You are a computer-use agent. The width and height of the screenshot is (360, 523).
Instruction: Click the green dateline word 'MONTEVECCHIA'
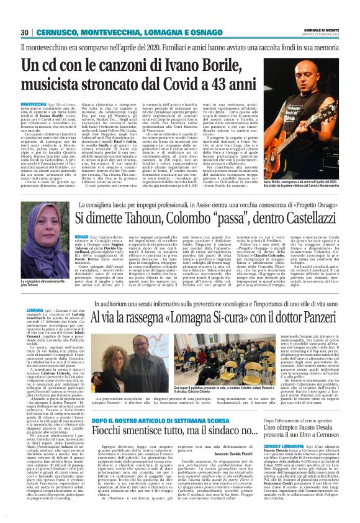coord(32,104)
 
